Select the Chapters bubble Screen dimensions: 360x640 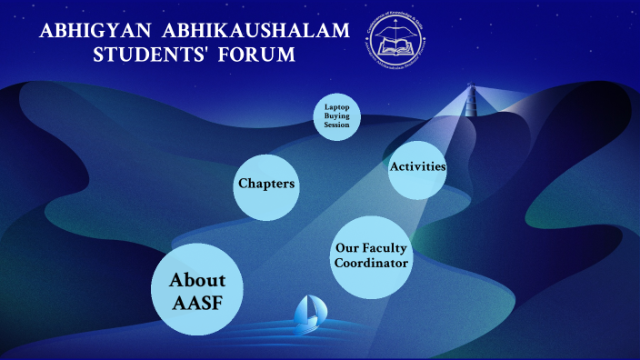click(266, 185)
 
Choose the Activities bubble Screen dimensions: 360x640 click(417, 167)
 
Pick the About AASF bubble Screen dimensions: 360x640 click(197, 291)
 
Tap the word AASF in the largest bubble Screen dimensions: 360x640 click(197, 304)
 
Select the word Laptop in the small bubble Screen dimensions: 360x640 click(338, 107)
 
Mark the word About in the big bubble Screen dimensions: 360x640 click(197, 280)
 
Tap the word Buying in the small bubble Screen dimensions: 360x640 click(338, 116)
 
